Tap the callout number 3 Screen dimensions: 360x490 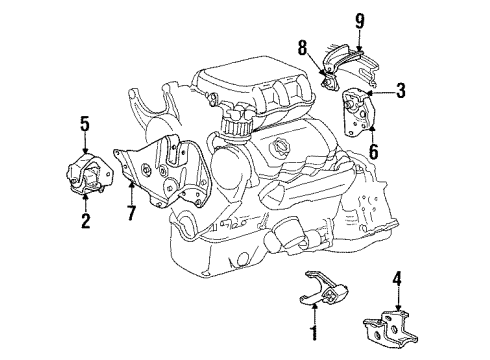(x=400, y=93)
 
